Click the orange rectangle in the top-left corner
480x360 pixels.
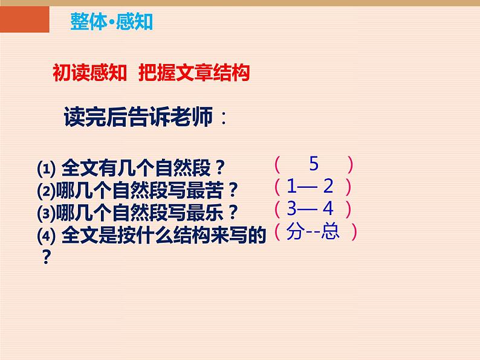(24, 18)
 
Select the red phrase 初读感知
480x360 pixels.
(89, 73)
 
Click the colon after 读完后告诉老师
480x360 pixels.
(224, 118)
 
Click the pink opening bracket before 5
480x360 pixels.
(276, 164)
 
